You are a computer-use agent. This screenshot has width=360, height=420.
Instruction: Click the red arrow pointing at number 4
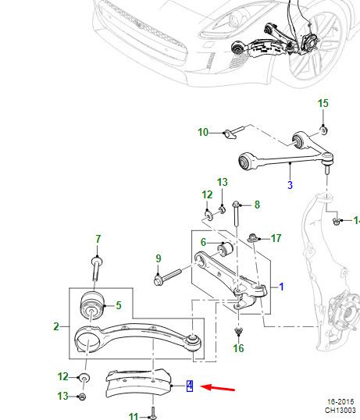(x=218, y=388)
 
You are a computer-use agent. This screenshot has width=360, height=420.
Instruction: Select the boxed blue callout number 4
(x=190, y=386)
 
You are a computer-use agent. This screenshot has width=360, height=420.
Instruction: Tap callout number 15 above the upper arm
(x=323, y=103)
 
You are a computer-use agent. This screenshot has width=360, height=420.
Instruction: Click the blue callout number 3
(x=290, y=185)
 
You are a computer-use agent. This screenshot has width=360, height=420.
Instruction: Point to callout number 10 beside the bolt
(x=203, y=132)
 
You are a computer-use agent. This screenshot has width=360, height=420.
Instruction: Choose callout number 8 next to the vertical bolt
(x=257, y=205)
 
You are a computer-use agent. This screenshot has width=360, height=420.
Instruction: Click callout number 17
(x=276, y=238)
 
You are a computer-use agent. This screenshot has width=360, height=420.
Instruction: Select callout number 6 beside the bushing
(x=203, y=242)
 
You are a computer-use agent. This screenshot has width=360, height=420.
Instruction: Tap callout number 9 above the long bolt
(x=159, y=258)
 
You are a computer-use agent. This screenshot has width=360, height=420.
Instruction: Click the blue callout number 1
(x=281, y=287)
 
